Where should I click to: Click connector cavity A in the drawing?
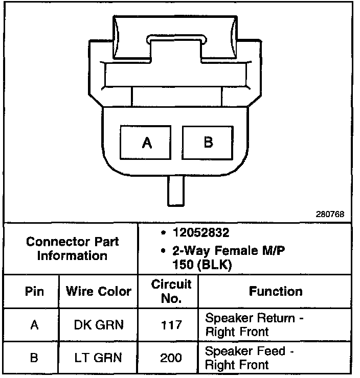(x=147, y=143)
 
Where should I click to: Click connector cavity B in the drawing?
(x=208, y=142)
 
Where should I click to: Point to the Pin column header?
(x=34, y=292)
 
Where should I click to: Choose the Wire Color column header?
(x=99, y=292)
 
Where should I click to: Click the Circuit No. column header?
(x=171, y=291)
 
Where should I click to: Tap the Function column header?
(x=276, y=291)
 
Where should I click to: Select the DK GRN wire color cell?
(x=99, y=325)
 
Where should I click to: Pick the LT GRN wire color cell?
(x=99, y=358)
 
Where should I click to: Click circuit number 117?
(x=171, y=325)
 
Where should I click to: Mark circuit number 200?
(x=171, y=358)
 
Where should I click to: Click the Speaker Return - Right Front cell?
(x=255, y=325)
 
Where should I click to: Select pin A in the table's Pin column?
(x=34, y=325)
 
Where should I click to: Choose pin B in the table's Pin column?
(x=34, y=358)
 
